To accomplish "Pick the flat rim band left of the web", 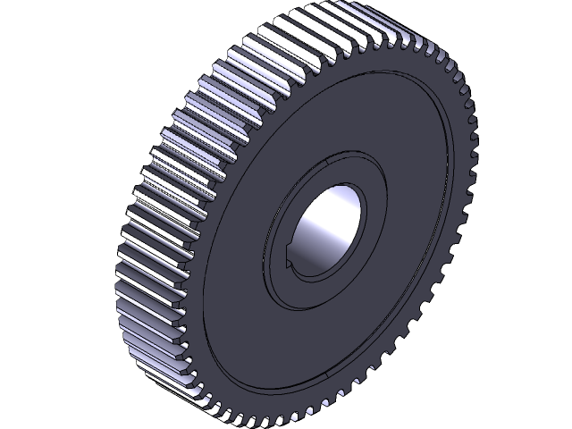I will [207, 268].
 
